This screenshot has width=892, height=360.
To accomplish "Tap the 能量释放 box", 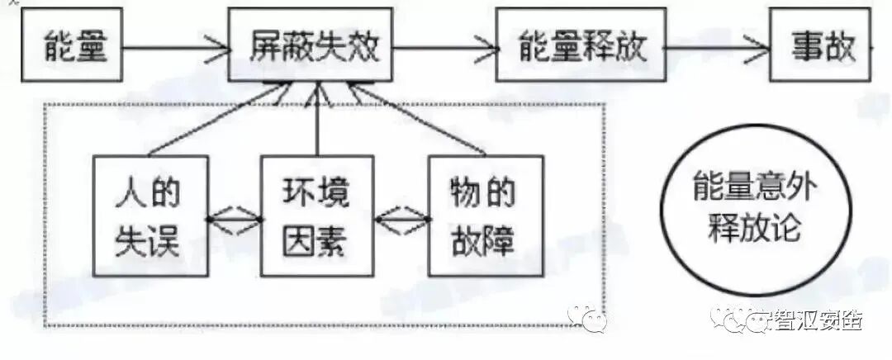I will pos(581,45).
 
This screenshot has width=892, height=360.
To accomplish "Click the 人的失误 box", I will pos(149,216).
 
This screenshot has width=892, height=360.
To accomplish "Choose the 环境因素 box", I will pos(317,216).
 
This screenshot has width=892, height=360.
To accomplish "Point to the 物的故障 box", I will pos(486,216).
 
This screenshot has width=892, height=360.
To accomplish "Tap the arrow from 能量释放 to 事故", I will pos(717,46).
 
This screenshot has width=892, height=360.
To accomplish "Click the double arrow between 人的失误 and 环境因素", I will pos(234,219).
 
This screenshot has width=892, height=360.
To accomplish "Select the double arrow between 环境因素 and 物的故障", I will pos(402,220).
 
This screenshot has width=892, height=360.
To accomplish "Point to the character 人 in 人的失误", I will pos(130,193).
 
